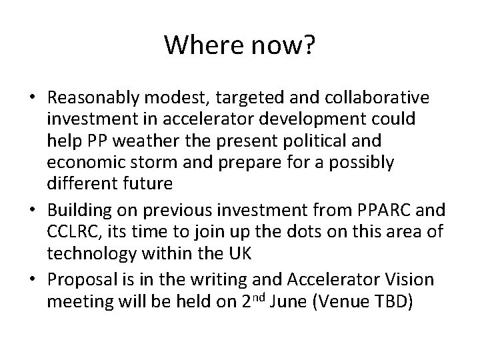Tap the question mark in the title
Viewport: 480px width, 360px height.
click(311, 45)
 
